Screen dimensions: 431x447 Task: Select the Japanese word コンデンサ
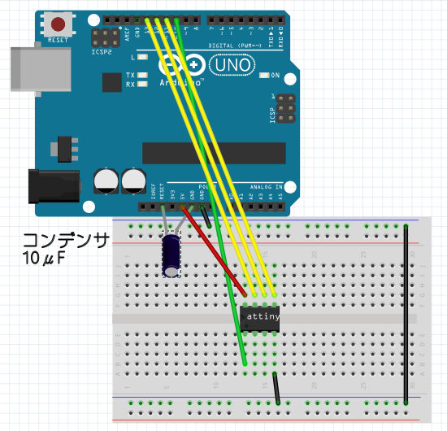click(x=65, y=240)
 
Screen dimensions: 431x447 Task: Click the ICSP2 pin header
click(x=102, y=37)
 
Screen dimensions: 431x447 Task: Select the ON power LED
click(x=264, y=76)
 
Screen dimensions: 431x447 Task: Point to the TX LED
click(x=143, y=75)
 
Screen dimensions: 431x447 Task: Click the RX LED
click(x=143, y=83)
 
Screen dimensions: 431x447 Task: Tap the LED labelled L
click(x=143, y=58)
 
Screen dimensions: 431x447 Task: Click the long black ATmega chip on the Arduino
click(x=214, y=152)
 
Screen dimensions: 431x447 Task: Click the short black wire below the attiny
click(x=277, y=388)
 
